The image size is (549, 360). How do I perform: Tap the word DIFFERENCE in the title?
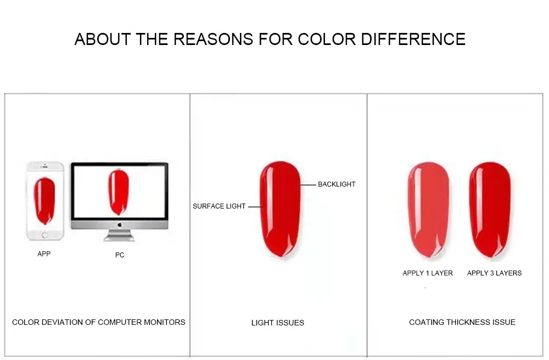pos(413,39)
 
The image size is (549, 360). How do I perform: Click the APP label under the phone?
pos(44,254)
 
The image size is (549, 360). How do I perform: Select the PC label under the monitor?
pos(120,255)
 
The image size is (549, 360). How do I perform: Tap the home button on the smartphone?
pos(45,235)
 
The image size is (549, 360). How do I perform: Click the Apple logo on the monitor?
pos(119,225)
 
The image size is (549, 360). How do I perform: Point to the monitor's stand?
pos(119,235)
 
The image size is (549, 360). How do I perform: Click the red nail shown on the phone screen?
pos(44,201)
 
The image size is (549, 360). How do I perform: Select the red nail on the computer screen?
pos(119,193)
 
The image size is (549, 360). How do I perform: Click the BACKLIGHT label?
pos(337,184)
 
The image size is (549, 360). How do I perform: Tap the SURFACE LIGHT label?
pos(219,206)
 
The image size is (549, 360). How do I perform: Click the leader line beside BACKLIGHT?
pos(309,185)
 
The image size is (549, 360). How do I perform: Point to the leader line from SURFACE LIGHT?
pos(256,207)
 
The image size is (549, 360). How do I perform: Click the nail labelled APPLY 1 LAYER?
pos(429,210)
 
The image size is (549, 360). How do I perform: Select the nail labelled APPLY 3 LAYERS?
pos(490,210)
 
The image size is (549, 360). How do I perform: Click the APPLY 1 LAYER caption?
pos(428,273)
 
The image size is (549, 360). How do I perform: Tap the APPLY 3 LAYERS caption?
pos(495,273)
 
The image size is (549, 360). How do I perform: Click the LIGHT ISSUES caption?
pos(278,323)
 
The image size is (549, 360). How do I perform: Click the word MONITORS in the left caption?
pos(164,322)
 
